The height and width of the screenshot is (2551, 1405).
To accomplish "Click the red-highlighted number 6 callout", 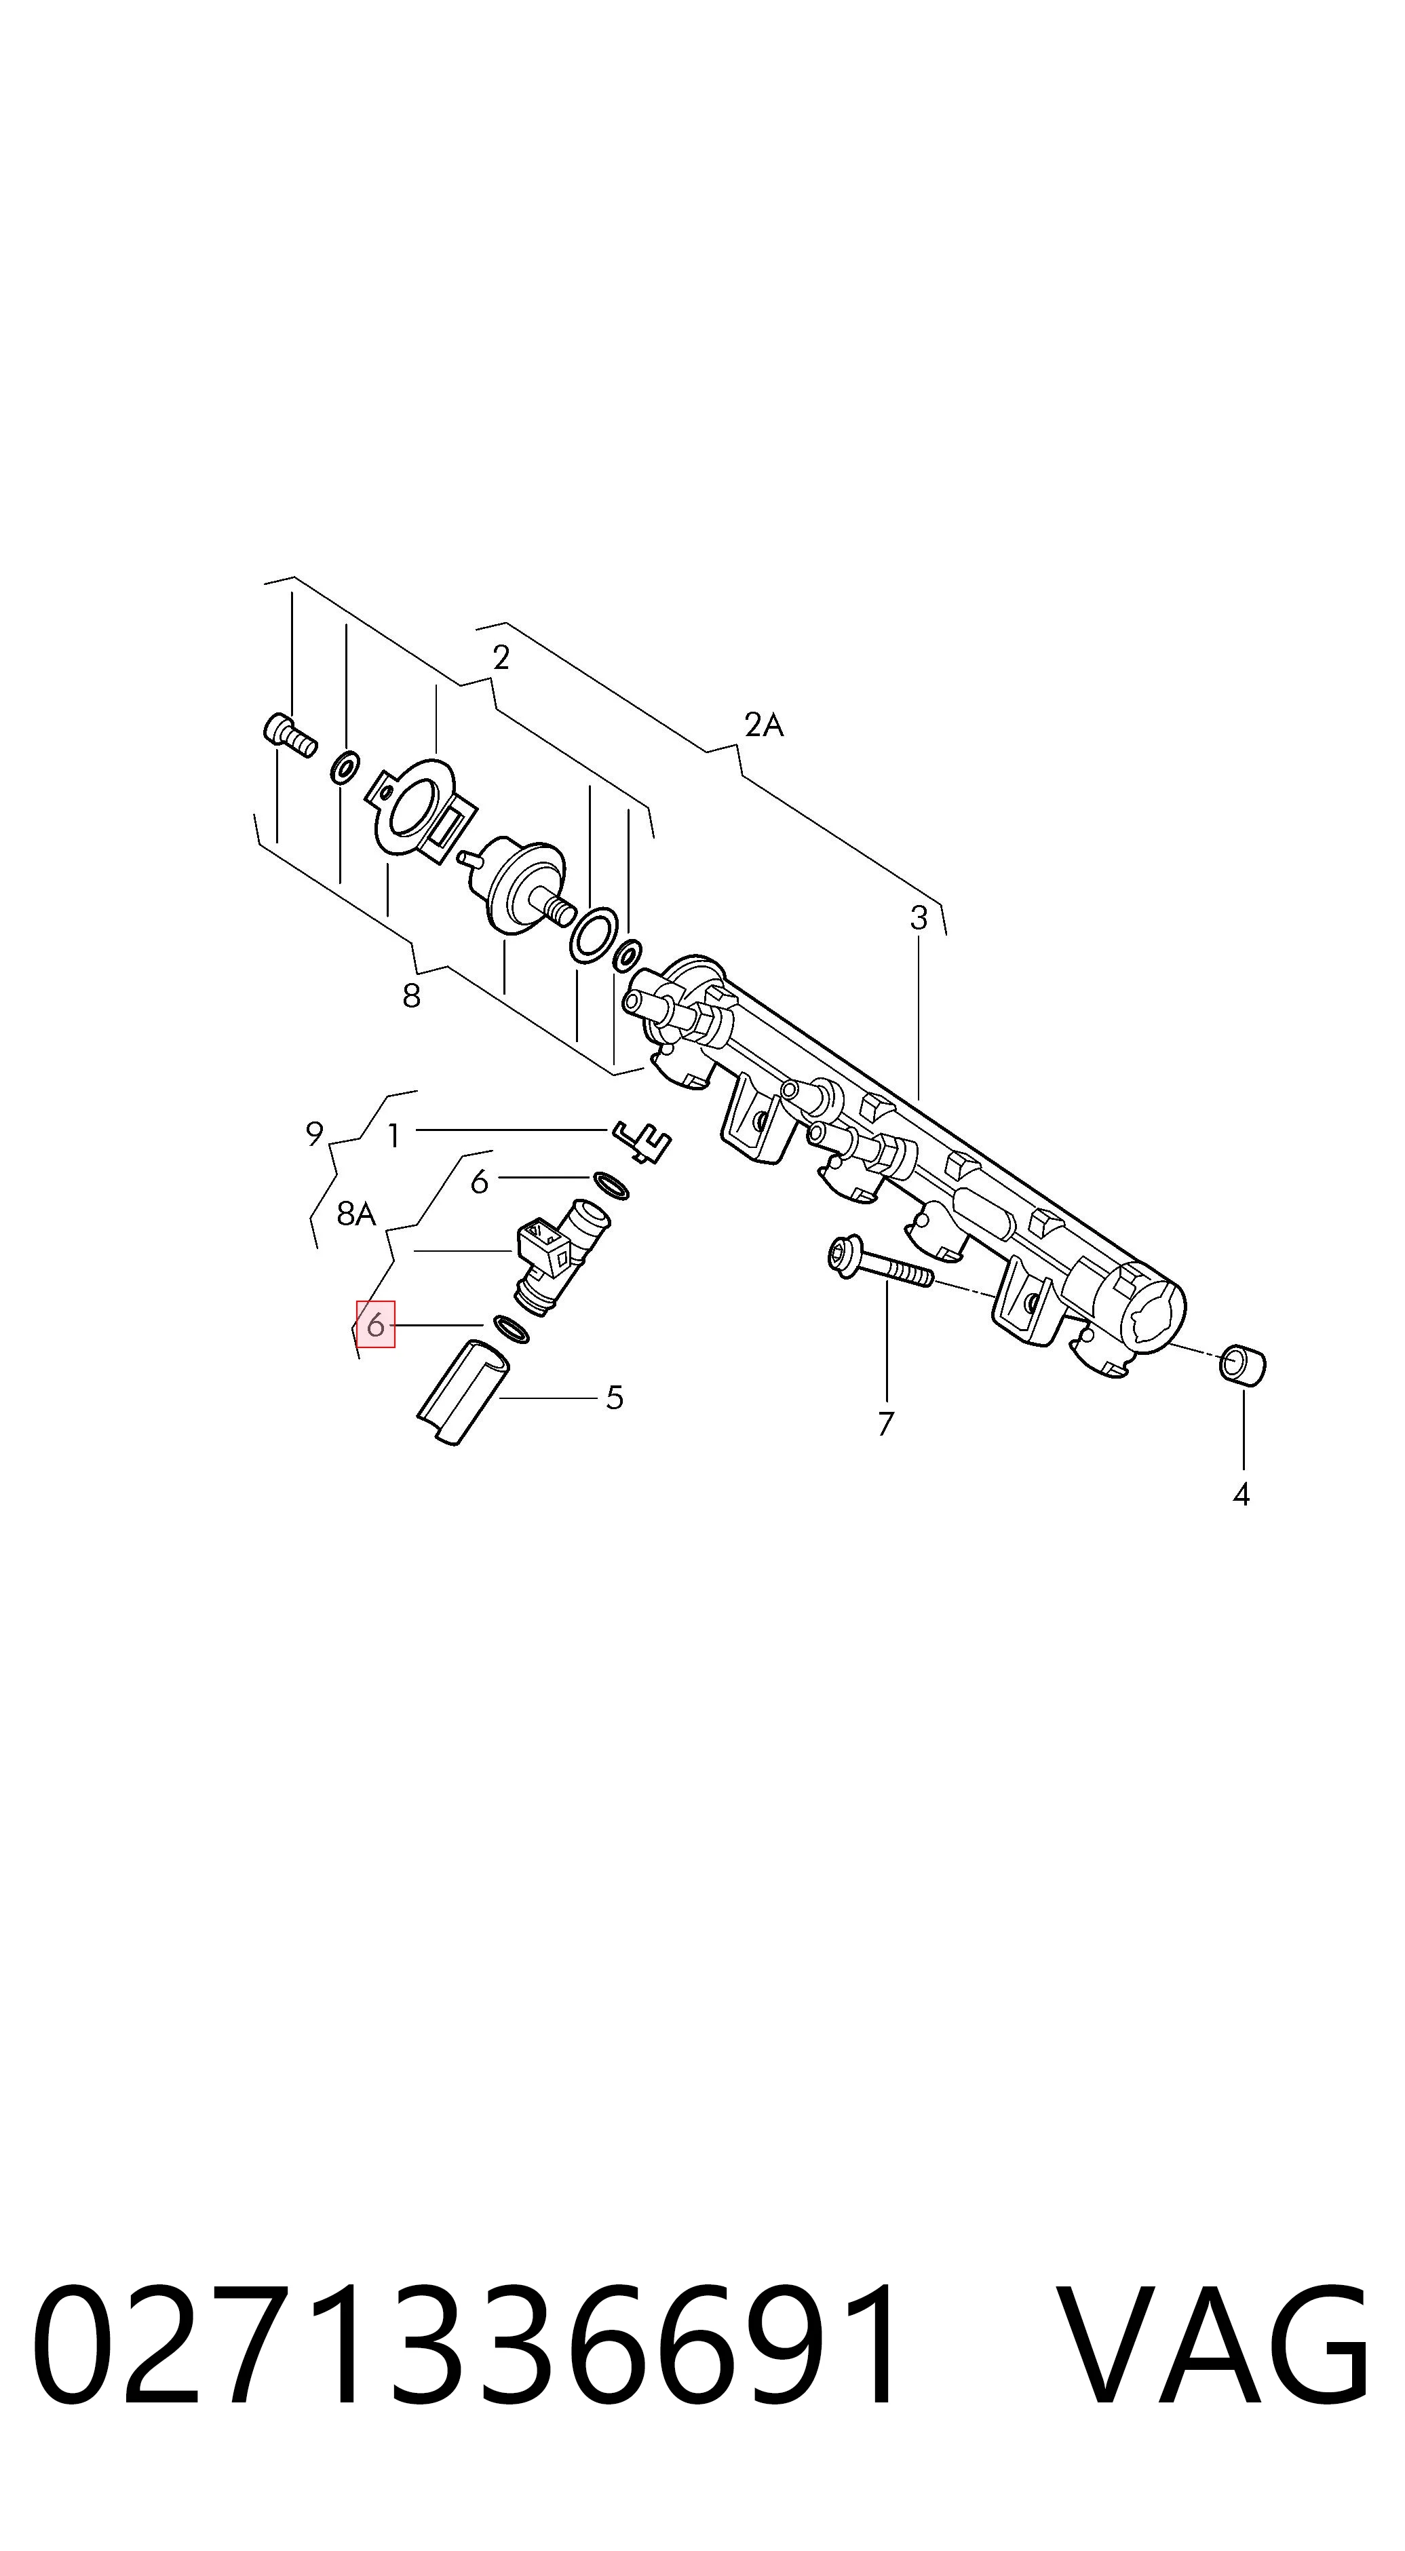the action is pos(375,1324).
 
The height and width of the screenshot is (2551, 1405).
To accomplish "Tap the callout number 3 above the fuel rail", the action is pos(919,918).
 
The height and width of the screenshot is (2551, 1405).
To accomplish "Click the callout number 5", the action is pos(615,1398).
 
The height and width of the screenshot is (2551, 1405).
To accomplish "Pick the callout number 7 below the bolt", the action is pos(886,1423).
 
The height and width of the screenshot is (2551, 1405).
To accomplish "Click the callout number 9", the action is pos(315,1134).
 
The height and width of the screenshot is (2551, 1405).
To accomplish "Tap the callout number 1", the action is pos(394,1136).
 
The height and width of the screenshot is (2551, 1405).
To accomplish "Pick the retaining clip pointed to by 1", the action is pos(642,1142).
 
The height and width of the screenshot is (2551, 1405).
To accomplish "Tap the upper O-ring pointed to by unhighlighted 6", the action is pos(611,1185).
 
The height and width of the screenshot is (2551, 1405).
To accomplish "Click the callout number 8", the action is pos(412,995).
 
